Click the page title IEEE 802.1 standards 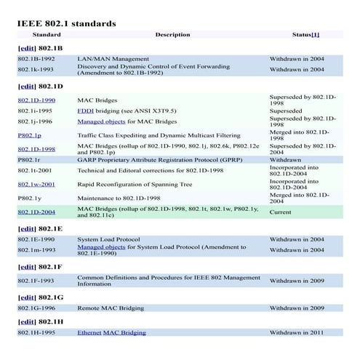coord(66,23)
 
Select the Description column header coord(172,34)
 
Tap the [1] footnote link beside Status coord(316,34)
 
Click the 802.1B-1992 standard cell coord(36,58)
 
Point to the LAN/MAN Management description coord(108,58)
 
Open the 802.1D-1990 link coord(36,100)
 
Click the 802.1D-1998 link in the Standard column coord(36,148)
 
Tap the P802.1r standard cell coord(29,159)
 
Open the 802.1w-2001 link coord(36,184)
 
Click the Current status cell coord(281,212)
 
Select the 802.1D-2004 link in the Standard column coord(36,212)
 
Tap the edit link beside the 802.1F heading coord(27,267)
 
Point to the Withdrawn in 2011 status coord(297,332)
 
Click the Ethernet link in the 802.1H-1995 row coord(89,332)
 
